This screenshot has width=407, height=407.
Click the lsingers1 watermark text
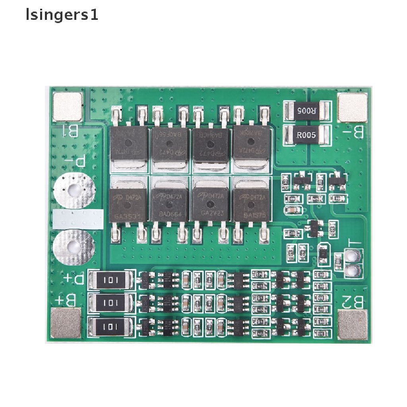pyautogui.click(x=62, y=16)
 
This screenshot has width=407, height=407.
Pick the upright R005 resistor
pyautogui.click(x=306, y=136)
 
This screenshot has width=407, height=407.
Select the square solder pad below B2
pyautogui.click(x=353, y=326)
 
